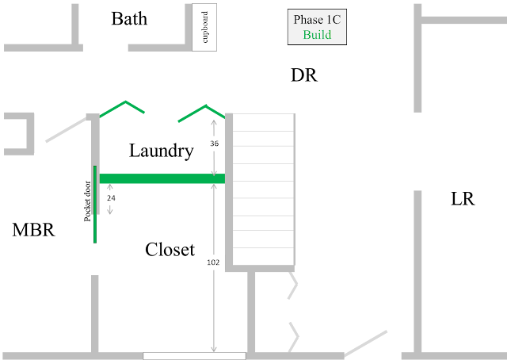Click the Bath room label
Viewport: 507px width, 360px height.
pyautogui.click(x=129, y=19)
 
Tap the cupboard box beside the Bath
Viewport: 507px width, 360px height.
pyautogui.click(x=204, y=27)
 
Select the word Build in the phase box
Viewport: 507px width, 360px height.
pyautogui.click(x=317, y=35)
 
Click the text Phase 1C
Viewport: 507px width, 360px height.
pyautogui.click(x=317, y=19)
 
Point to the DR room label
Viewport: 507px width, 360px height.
pyautogui.click(x=304, y=75)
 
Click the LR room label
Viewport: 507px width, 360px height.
pyautogui.click(x=463, y=199)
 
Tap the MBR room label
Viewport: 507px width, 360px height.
pyautogui.click(x=33, y=230)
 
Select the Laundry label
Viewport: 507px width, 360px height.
pyautogui.click(x=162, y=151)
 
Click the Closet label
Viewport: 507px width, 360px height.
pyautogui.click(x=170, y=250)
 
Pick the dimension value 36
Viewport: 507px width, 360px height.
pyautogui.click(x=215, y=144)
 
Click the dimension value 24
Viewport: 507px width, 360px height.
pyautogui.click(x=111, y=198)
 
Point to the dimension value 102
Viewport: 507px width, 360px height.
pyautogui.click(x=213, y=262)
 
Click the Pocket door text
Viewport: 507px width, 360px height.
pyautogui.click(x=87, y=201)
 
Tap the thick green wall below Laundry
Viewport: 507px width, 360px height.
pyautogui.click(x=162, y=178)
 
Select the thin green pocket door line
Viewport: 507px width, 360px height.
pyautogui.click(x=95, y=205)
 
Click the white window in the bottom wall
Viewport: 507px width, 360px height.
pyautogui.click(x=194, y=356)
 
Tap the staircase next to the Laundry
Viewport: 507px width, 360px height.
pyautogui.click(x=263, y=189)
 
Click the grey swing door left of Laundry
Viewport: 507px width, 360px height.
pyautogui.click(x=67, y=130)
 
